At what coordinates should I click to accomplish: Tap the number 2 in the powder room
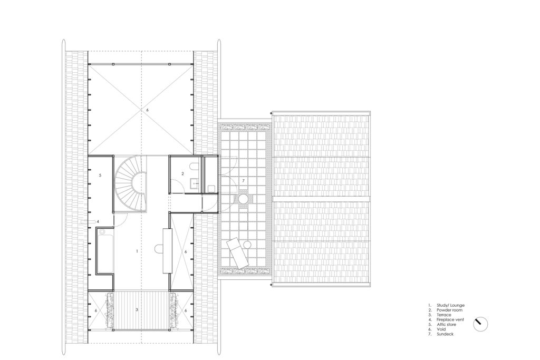tap(183, 174)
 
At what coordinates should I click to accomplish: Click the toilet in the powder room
tap(194, 167)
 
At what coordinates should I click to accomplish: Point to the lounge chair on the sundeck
tap(237, 252)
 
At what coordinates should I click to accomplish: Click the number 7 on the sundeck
tap(243, 181)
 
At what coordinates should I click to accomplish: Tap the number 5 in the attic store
tap(100, 175)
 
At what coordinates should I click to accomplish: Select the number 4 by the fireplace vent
tap(98, 222)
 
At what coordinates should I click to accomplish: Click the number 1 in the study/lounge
tap(137, 251)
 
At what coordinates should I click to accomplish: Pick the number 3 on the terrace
tap(137, 310)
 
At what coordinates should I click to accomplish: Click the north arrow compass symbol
tap(480, 324)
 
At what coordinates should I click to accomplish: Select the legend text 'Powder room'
tap(449, 310)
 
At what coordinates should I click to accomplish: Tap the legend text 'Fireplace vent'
tap(450, 320)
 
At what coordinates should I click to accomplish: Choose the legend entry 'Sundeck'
tap(445, 334)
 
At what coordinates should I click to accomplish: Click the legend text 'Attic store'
tap(446, 325)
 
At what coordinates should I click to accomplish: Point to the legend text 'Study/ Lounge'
tap(450, 305)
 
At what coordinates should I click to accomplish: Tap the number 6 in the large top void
tap(147, 110)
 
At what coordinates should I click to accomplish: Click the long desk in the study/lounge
tap(167, 250)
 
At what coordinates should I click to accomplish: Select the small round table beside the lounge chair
tap(247, 245)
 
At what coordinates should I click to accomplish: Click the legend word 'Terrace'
tap(444, 315)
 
